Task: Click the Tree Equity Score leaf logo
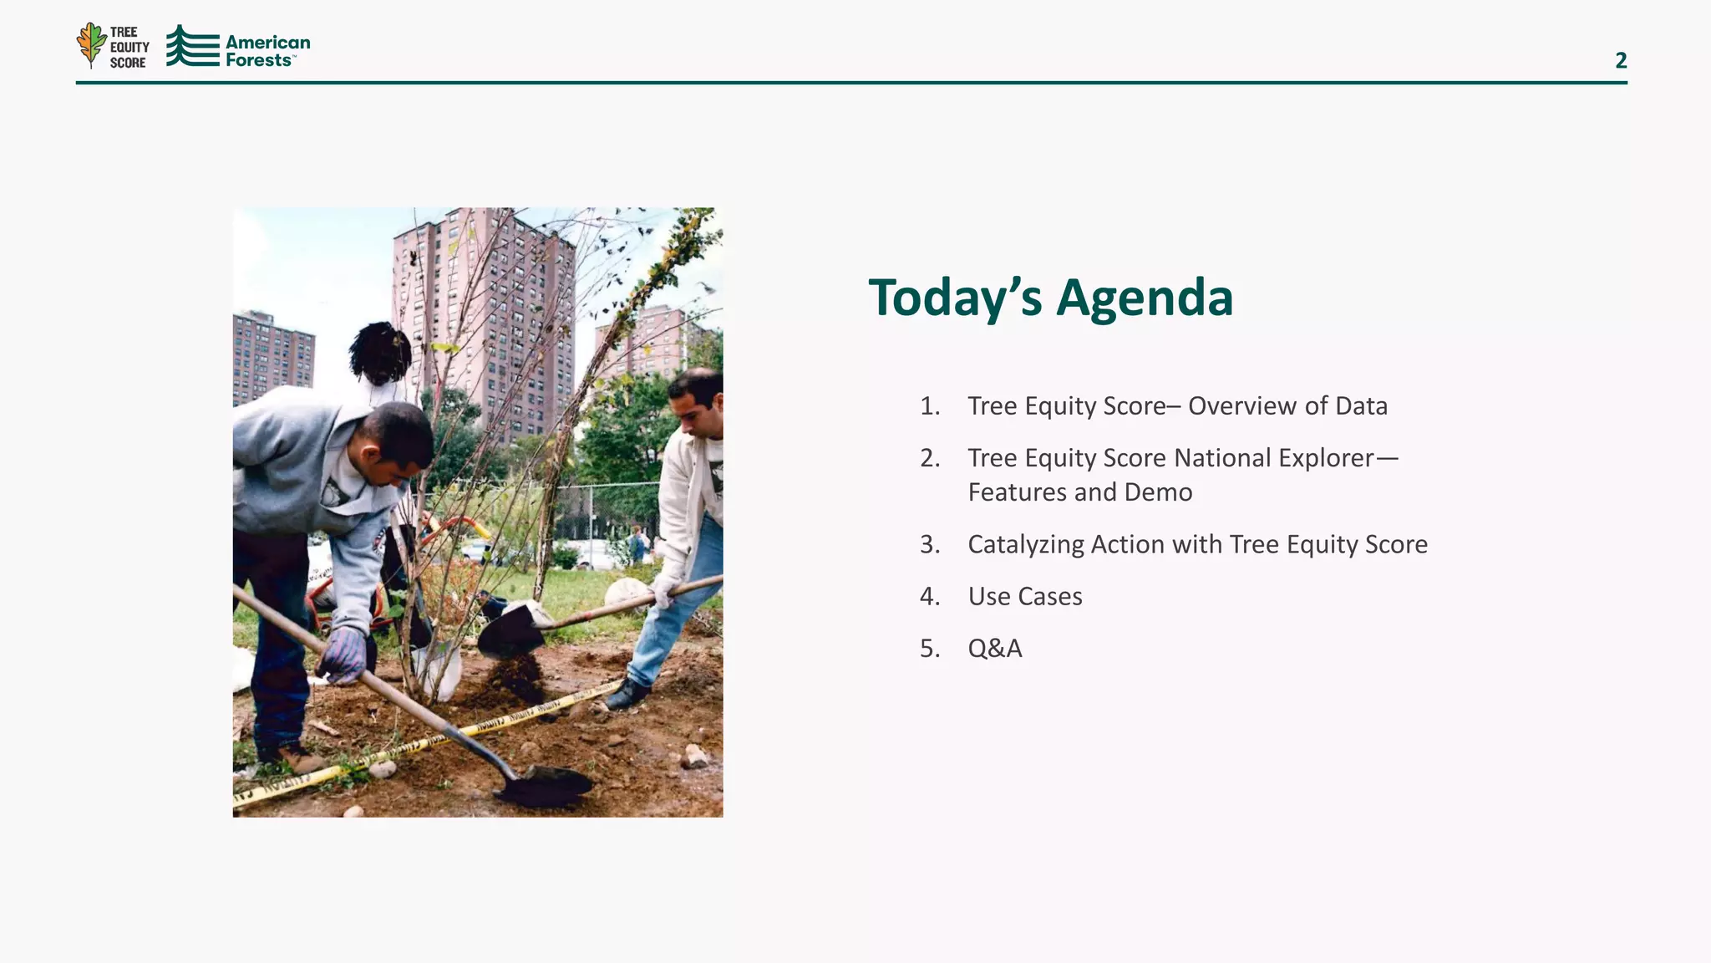pos(91,44)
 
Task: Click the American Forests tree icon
pos(191,46)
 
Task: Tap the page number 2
pos(1620,60)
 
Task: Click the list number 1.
pos(929,406)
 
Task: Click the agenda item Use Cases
pos(1024,596)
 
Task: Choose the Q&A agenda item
pos(994,649)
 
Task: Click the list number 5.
pos(929,649)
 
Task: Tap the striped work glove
pos(343,655)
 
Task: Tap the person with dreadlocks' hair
pos(380,351)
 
